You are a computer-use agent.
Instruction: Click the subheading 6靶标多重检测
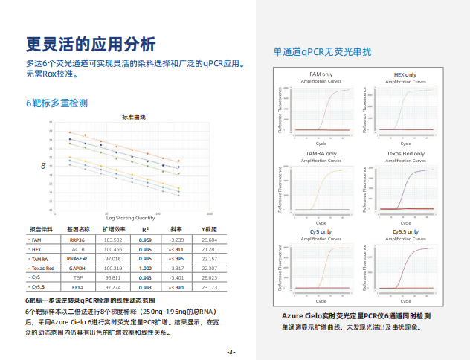pyautogui.click(x=57, y=102)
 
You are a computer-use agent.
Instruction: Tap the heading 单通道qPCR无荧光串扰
pyautogui.click(x=322, y=52)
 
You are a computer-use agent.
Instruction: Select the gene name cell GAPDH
pyautogui.click(x=77, y=268)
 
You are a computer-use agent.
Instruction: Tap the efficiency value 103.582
pyautogui.click(x=113, y=240)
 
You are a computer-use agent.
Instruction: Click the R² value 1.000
pyautogui.click(x=146, y=268)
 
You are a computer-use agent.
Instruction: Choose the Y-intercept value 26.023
pyautogui.click(x=209, y=277)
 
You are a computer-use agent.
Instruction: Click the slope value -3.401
pyautogui.click(x=177, y=277)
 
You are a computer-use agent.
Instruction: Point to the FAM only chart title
pyautogui.click(x=321, y=74)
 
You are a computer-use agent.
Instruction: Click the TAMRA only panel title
pyautogui.click(x=321, y=153)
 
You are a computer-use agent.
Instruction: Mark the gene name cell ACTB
pyautogui.click(x=77, y=249)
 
